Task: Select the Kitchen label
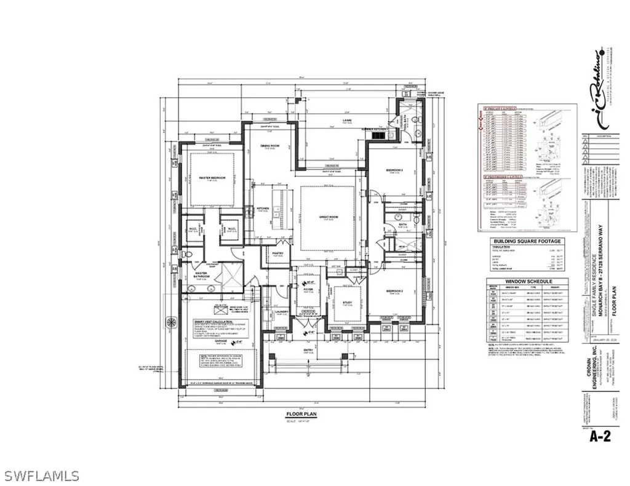pos(263,209)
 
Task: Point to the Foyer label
pos(308,287)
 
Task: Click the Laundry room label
pos(282,311)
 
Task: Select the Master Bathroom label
pos(203,275)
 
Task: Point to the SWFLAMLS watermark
pos(41,476)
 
